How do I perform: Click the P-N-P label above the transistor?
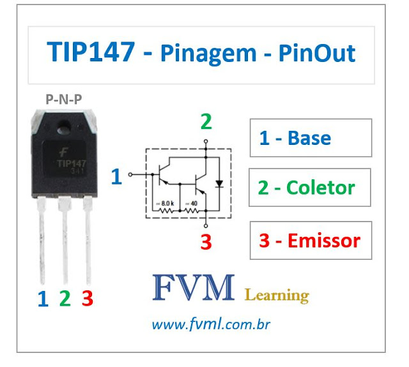coord(64,98)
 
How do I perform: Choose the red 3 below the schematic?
coord(206,243)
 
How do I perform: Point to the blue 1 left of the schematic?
coord(116,176)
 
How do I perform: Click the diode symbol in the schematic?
coord(220,183)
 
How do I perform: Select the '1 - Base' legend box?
coord(310,138)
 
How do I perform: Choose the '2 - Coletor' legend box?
coord(310,188)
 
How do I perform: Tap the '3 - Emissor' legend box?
coord(310,240)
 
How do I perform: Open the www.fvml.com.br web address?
coord(211,325)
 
